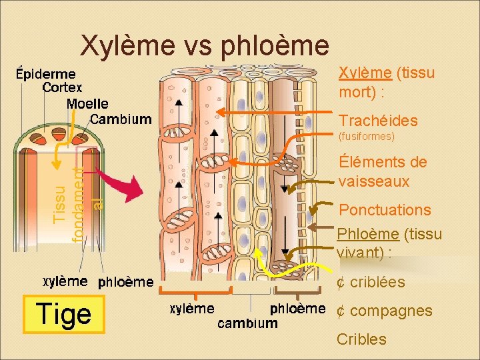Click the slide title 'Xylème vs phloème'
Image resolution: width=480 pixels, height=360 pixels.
point(204,45)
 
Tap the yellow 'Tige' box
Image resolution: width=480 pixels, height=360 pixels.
point(64,313)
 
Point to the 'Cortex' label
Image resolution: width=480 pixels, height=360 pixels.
point(62,87)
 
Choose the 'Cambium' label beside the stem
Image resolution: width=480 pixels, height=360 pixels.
point(121,119)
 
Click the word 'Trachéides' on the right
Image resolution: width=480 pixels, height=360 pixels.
point(378,121)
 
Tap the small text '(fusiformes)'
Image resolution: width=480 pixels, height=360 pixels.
point(367,137)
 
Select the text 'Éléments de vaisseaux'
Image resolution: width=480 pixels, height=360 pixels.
point(382,171)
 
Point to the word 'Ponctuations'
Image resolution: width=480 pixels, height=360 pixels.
point(385,210)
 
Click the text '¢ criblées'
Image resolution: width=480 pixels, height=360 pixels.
point(371,282)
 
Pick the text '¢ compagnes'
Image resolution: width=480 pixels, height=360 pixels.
point(384,311)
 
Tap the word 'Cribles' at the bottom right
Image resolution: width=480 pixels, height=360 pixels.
point(361,339)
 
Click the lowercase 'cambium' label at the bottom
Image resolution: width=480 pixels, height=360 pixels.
point(247,323)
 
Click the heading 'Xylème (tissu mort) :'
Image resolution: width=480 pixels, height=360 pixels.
point(386,81)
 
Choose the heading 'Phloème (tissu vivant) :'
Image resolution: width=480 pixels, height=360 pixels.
point(389,243)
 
